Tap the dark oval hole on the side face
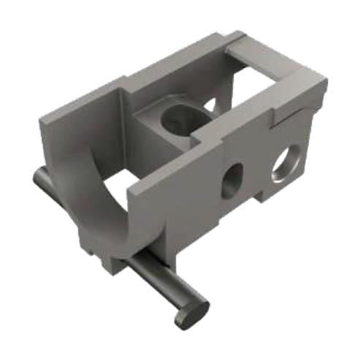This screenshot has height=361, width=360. (232, 178)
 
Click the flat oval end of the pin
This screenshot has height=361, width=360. (191, 312)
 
